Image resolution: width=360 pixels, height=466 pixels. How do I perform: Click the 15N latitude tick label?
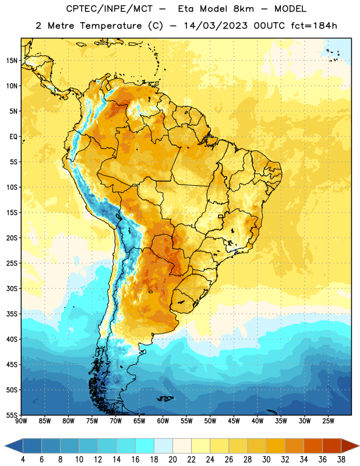click(12, 61)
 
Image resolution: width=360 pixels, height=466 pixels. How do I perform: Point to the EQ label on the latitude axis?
click(13, 137)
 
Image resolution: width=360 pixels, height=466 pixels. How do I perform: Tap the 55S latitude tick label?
click(12, 415)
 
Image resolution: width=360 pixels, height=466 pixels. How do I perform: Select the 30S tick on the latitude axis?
click(12, 288)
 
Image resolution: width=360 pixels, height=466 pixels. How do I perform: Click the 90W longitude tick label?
click(21, 421)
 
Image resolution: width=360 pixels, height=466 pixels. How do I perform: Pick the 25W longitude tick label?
click(328, 421)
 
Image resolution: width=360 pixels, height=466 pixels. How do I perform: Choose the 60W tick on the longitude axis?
click(163, 421)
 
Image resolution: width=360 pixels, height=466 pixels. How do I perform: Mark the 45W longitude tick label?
click(234, 421)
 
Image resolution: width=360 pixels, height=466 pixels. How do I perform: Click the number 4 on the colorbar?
click(23, 460)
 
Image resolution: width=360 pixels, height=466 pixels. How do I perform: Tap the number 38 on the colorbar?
click(341, 460)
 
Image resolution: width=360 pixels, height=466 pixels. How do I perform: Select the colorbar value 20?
click(172, 460)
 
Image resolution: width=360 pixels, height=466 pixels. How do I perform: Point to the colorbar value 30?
click(266, 460)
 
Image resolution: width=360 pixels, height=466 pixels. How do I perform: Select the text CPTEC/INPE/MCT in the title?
click(109, 9)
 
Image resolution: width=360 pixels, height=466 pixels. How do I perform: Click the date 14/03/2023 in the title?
click(216, 26)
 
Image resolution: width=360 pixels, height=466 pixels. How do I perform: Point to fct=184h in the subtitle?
click(314, 26)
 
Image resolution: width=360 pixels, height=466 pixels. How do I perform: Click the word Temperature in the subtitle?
click(111, 26)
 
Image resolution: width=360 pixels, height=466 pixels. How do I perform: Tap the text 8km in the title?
click(243, 9)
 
